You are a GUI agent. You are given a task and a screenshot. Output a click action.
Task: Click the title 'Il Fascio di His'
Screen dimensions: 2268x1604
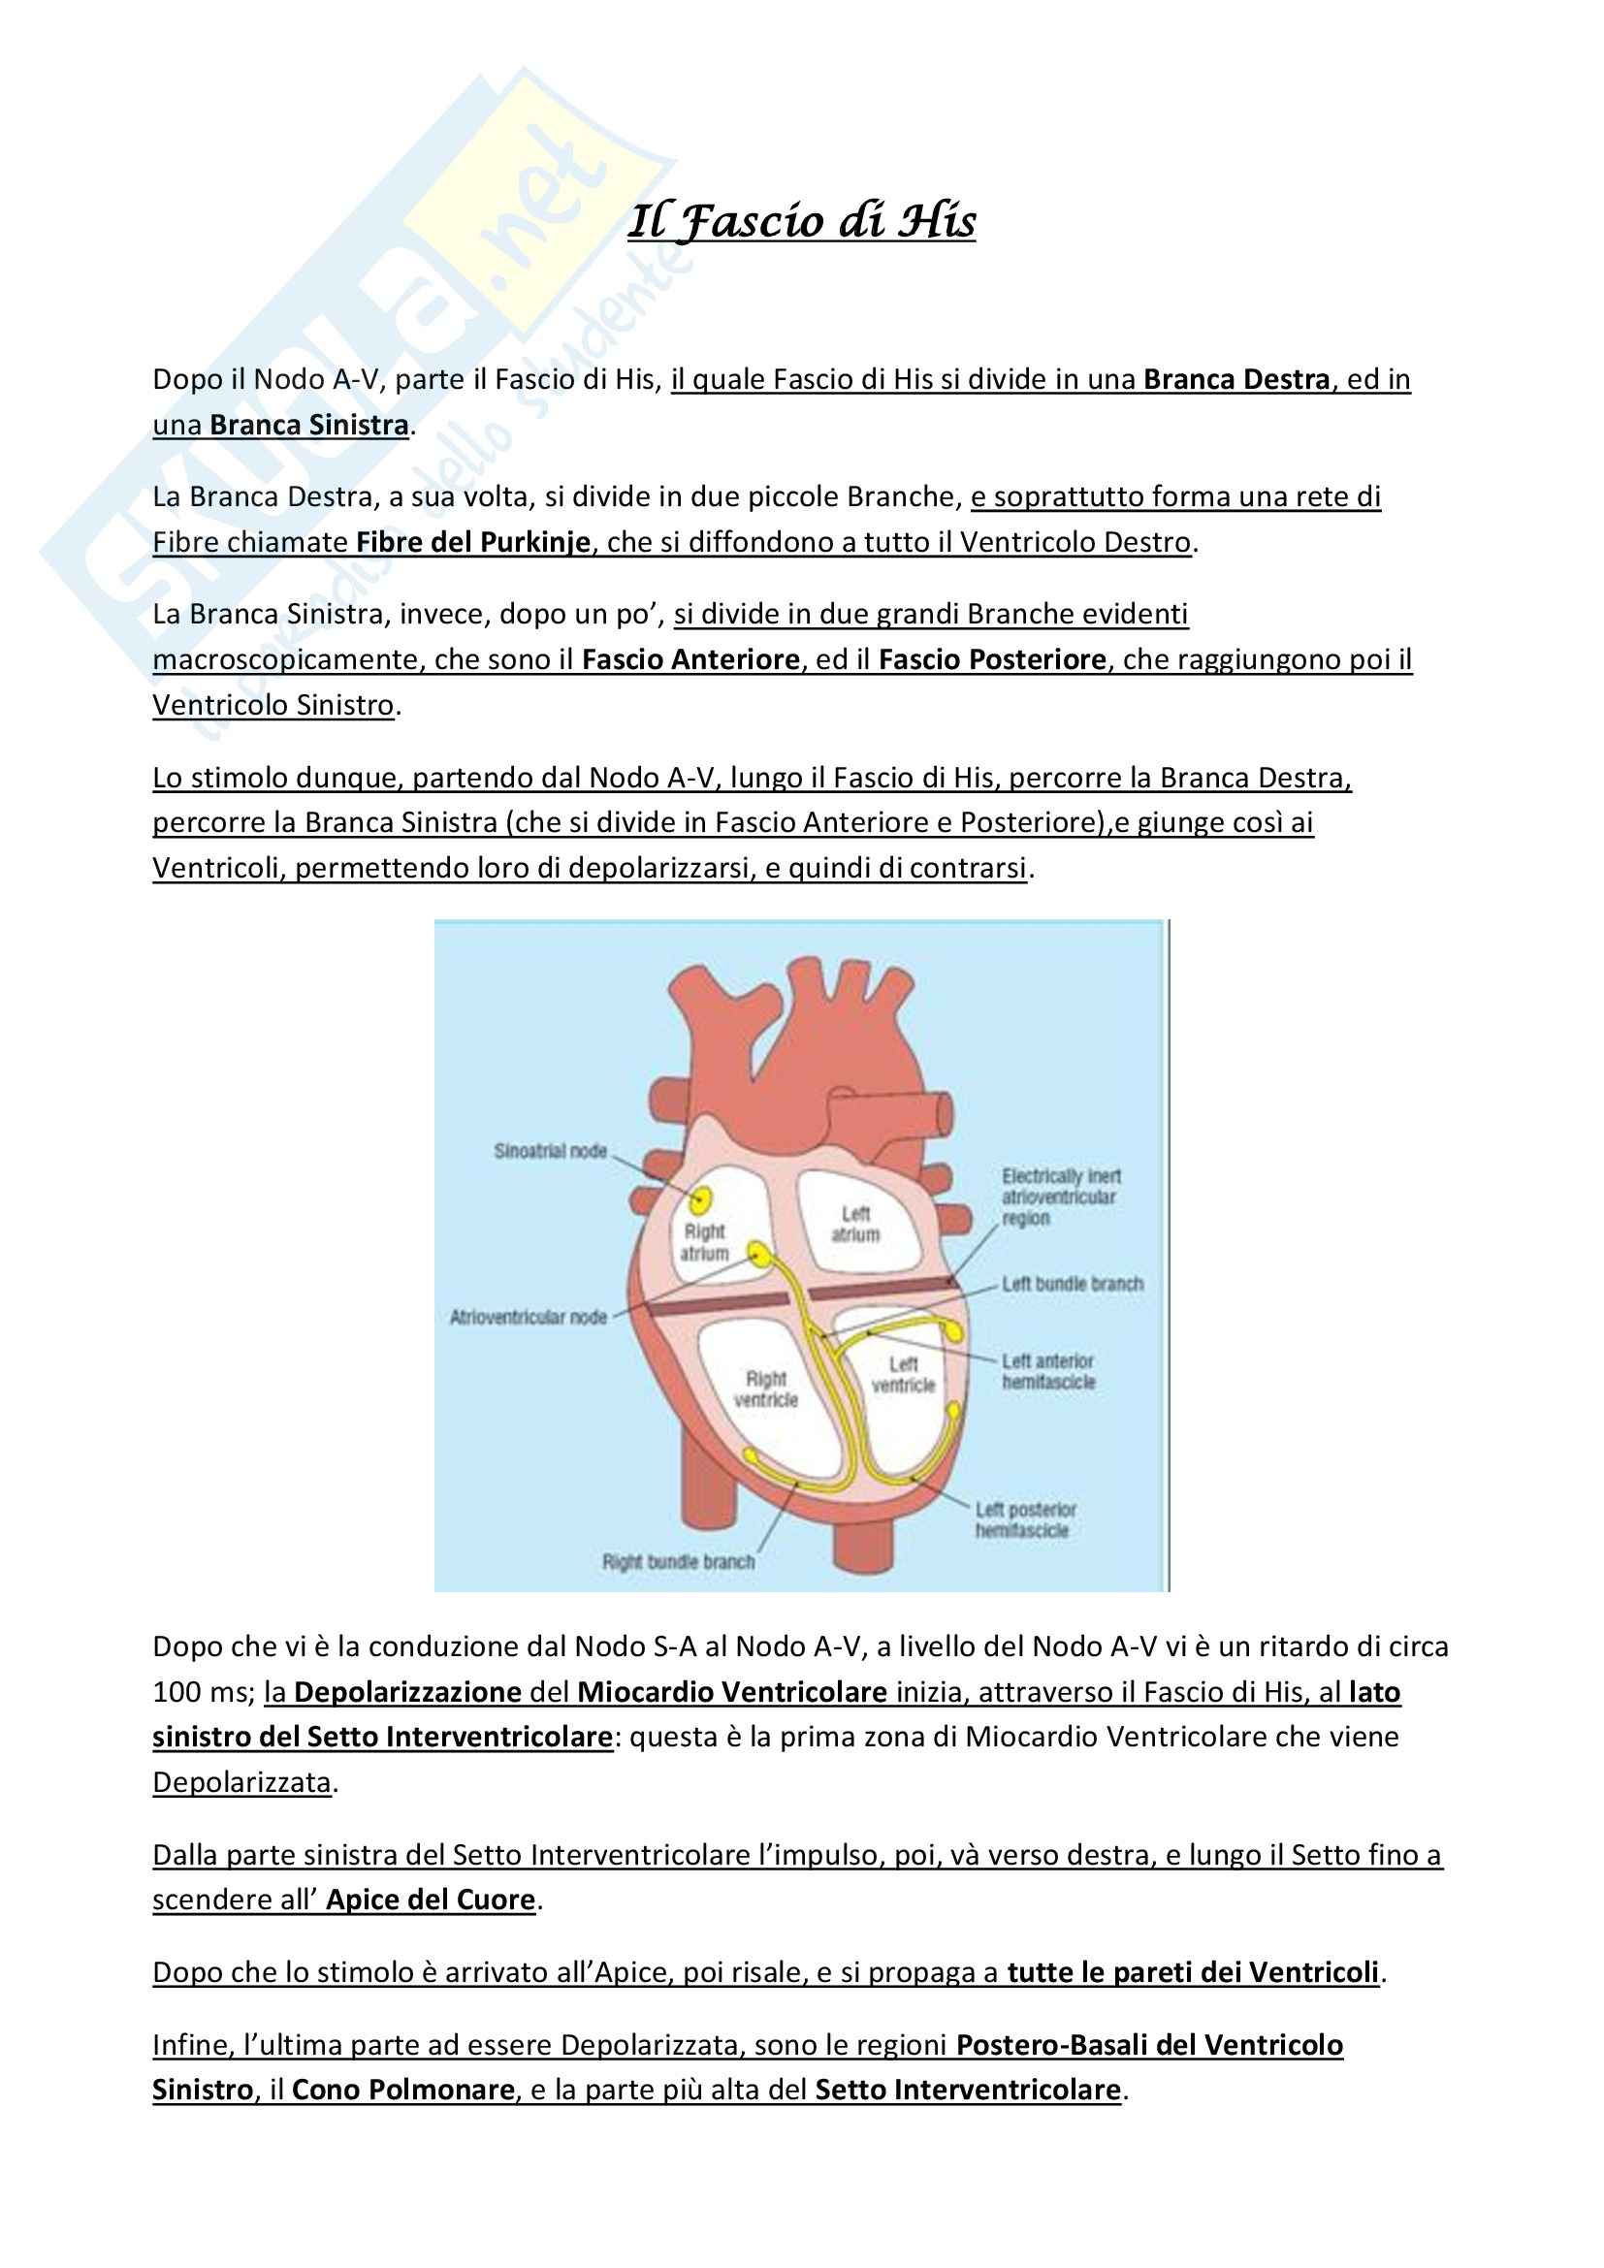(801, 221)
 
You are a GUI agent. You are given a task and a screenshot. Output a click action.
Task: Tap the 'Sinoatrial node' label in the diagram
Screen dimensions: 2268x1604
(550, 1151)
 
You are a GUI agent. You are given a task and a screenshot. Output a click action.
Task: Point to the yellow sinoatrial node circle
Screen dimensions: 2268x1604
(701, 1200)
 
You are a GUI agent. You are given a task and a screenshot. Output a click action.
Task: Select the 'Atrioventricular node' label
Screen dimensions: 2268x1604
(529, 1317)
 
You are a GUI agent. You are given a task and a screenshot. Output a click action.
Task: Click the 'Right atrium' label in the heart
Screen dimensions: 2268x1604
(704, 1243)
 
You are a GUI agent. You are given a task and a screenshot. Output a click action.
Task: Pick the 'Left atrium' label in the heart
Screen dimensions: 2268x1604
(855, 1224)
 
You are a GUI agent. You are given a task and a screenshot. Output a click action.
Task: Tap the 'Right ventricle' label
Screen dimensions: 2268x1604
(765, 1389)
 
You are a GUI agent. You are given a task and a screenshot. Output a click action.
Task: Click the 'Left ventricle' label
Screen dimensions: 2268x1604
(903, 1375)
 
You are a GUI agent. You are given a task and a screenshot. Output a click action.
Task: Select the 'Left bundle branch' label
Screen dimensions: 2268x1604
(1073, 1284)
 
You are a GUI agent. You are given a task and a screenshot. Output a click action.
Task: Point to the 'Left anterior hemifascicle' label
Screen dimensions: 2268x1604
(1048, 1372)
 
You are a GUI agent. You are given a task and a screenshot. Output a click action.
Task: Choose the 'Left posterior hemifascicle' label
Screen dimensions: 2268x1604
(1025, 1520)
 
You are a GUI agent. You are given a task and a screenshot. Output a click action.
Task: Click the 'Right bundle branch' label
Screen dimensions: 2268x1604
(679, 1562)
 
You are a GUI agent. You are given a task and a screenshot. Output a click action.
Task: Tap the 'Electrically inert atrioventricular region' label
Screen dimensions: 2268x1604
(1061, 1198)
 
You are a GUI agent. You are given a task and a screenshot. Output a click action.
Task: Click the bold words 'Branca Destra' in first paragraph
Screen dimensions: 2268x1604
(1236, 379)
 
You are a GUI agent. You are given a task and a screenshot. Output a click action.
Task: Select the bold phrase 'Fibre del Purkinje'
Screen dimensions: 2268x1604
(473, 542)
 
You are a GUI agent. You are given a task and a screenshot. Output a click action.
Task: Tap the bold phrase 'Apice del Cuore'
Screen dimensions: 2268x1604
(431, 1900)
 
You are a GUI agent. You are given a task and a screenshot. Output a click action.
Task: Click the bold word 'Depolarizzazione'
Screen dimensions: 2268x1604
(407, 1692)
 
